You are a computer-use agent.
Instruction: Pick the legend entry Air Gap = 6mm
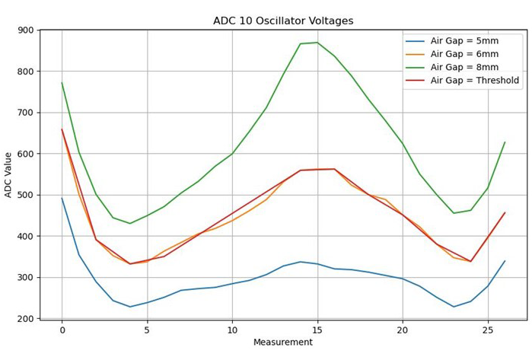pyautogui.click(x=464, y=54)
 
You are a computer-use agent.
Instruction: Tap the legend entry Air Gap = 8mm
pyautogui.click(x=464, y=67)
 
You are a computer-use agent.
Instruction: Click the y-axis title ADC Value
pyautogui.click(x=9, y=174)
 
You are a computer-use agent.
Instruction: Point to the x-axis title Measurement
pyautogui.click(x=283, y=342)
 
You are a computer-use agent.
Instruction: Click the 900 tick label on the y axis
pyautogui.click(x=24, y=30)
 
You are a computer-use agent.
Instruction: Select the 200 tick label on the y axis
pyautogui.click(x=24, y=318)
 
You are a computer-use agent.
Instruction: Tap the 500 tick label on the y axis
pyautogui.click(x=24, y=195)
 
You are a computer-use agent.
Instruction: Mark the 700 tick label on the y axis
pyautogui.click(x=24, y=113)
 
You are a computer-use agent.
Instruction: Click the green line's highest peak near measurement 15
pyautogui.click(x=317, y=43)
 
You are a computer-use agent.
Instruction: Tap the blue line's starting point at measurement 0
pyautogui.click(x=62, y=199)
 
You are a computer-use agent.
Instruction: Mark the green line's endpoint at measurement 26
pyautogui.click(x=505, y=142)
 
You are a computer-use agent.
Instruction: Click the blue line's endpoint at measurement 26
pyautogui.click(x=505, y=261)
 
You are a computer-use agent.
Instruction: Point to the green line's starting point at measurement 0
pyautogui.click(x=62, y=83)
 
